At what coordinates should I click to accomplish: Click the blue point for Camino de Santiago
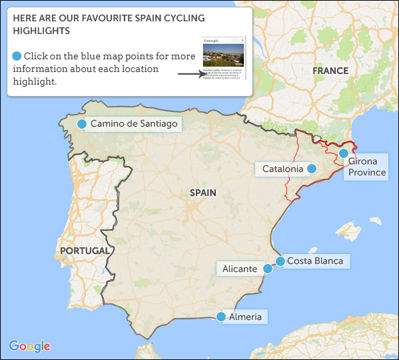point(81,124)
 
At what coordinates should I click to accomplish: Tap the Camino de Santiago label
point(134,124)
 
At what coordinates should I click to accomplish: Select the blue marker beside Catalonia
point(310,169)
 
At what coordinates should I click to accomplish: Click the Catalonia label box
point(282,169)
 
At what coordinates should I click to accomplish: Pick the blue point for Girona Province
point(343,153)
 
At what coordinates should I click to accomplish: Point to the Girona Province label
point(366,167)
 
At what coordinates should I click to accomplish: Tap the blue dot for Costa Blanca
point(280,261)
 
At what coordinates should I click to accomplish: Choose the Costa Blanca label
point(314,261)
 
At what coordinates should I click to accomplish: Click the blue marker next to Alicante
point(268,269)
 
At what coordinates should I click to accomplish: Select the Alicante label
point(240,269)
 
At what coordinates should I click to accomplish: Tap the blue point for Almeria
point(222,317)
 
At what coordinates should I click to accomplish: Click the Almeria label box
point(245,317)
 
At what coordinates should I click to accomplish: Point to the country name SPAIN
point(203,193)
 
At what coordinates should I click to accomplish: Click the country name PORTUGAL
point(85,251)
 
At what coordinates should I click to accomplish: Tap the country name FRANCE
point(331,71)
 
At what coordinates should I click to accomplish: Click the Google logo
point(29,346)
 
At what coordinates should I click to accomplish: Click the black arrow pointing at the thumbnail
point(189,74)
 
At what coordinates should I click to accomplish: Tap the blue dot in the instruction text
point(17,56)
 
